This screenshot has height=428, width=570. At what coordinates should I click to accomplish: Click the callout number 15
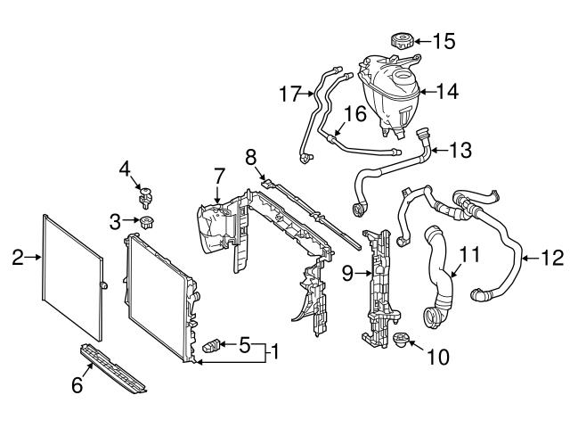point(443,40)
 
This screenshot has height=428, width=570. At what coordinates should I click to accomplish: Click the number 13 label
point(461,151)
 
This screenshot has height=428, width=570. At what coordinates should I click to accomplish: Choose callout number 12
point(552,259)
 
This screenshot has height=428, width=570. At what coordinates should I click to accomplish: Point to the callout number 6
point(77,385)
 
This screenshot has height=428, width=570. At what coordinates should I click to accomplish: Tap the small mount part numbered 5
point(214,345)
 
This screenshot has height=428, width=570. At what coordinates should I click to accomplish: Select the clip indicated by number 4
point(143,193)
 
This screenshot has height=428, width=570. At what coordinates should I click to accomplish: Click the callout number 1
point(276,352)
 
